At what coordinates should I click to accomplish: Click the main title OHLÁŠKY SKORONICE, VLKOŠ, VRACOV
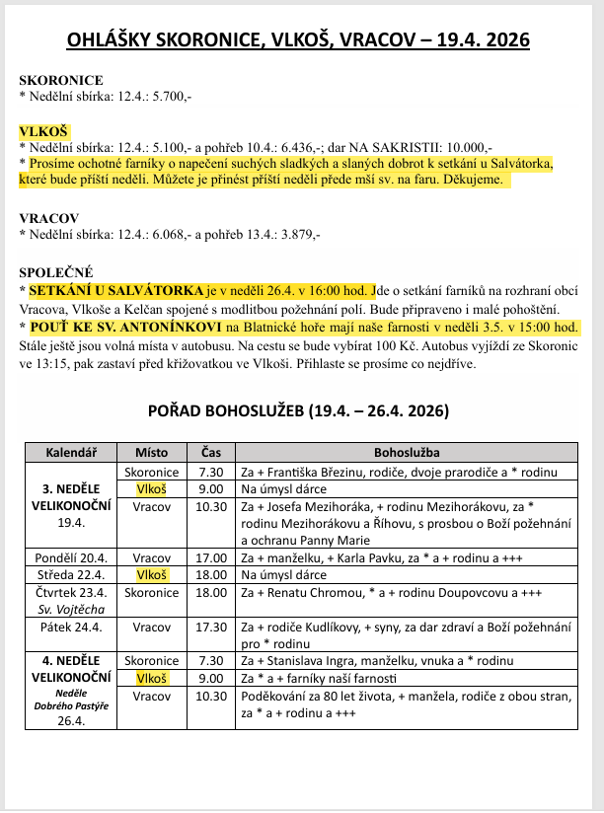point(298,39)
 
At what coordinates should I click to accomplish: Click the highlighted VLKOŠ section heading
point(43,130)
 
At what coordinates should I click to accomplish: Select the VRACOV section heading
point(48,217)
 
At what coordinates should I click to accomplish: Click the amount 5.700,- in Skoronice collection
point(169,96)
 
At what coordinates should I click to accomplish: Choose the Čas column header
point(211,452)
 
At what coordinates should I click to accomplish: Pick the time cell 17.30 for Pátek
point(211,627)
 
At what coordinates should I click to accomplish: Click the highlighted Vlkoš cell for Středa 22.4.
point(151,574)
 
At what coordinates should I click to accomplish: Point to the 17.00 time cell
point(211,557)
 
